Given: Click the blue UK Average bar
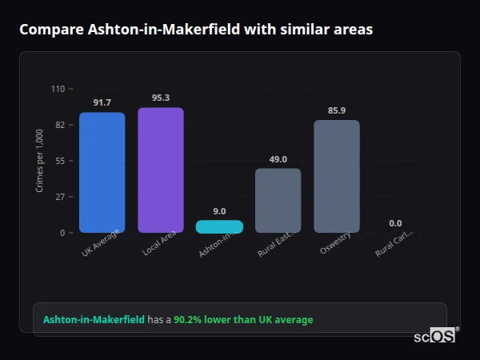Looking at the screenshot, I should (102, 172).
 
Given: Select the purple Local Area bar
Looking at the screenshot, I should (161, 170).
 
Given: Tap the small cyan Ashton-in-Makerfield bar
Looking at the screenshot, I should (219, 226).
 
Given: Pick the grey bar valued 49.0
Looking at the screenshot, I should (278, 200).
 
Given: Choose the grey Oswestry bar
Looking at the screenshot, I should (337, 176).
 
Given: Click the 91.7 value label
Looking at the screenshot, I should (102, 102).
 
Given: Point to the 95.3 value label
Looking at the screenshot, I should (161, 98).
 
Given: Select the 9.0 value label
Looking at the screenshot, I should (219, 211).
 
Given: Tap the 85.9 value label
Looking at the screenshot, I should (337, 110).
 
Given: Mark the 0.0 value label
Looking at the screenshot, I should (395, 223).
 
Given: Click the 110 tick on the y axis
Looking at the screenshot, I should (58, 89).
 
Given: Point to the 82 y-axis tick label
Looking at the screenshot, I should (60, 125).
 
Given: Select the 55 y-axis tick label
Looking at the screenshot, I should (60, 161).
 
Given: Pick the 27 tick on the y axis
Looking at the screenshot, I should (60, 197).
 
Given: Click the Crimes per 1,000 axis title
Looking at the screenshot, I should (40, 161).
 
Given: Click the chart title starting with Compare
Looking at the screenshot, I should (195, 30).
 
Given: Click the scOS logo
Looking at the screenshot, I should (434, 337).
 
